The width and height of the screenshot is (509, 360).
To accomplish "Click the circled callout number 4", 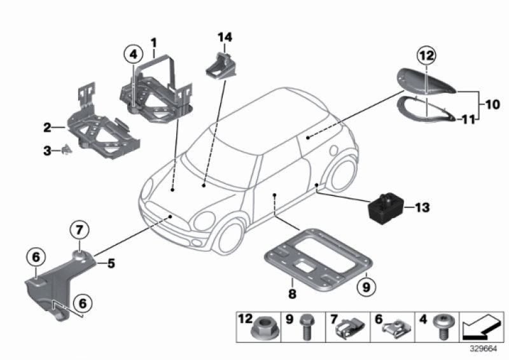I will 133,55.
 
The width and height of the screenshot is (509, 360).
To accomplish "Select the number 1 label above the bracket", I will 153,43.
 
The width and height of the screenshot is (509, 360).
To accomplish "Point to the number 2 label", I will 48,128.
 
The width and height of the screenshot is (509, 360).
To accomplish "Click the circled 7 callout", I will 81,229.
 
